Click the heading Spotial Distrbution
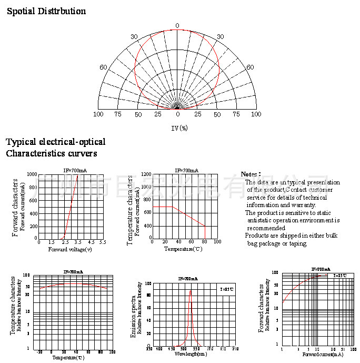tap(46, 11)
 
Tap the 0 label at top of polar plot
tap(177, 26)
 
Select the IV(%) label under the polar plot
tap(179, 128)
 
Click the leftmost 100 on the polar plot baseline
tap(98, 114)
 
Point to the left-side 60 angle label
tap(104, 67)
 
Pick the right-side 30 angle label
tap(220, 37)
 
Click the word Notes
tap(250, 174)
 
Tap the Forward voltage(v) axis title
tap(70, 249)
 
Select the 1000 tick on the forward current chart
tap(32, 174)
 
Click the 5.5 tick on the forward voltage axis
tap(102, 242)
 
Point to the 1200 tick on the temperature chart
tap(146, 174)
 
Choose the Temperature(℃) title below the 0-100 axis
tap(183, 249)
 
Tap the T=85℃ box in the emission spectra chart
tap(227, 289)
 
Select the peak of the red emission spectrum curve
tap(191, 291)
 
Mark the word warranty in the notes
tap(302, 205)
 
